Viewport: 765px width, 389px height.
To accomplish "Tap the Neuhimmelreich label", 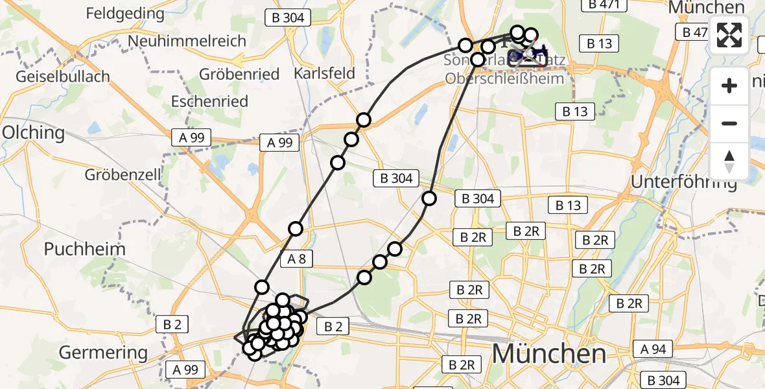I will [187, 41].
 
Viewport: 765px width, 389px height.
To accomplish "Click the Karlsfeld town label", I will [325, 73].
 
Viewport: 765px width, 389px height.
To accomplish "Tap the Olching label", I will [34, 133].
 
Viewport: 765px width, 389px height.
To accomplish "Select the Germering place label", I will [104, 353].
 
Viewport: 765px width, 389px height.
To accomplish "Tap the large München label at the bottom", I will [549, 354].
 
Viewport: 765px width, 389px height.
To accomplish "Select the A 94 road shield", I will [653, 349].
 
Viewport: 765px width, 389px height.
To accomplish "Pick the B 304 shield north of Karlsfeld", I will [288, 18].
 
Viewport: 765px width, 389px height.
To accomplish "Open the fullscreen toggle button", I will [729, 36].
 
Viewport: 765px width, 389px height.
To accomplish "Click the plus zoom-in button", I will [729, 86].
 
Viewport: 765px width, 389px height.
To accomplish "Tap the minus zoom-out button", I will [729, 123].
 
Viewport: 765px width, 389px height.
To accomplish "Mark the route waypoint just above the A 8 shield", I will [296, 228].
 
